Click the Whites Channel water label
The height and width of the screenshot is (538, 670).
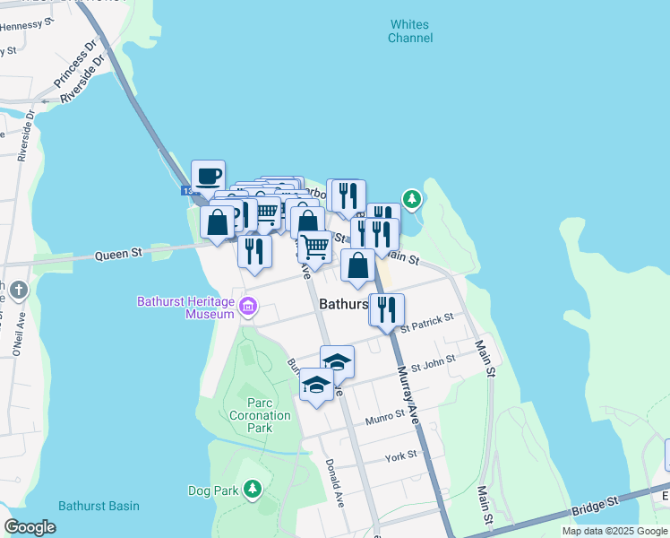(x=409, y=31)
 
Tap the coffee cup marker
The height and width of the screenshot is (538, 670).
(x=208, y=177)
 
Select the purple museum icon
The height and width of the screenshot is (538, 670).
(x=248, y=309)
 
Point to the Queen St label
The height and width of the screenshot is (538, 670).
(x=119, y=255)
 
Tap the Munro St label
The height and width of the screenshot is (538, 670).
(x=386, y=420)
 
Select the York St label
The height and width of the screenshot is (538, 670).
(x=400, y=456)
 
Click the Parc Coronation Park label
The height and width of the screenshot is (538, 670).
(x=260, y=416)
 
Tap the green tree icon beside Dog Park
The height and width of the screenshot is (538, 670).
(x=253, y=489)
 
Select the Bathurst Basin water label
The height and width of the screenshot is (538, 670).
(x=99, y=506)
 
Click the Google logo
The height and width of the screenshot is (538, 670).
(x=30, y=527)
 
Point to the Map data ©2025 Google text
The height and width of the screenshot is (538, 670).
(x=614, y=531)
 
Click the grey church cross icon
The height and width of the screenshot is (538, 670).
(x=20, y=291)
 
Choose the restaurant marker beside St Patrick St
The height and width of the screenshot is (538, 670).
(x=387, y=310)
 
